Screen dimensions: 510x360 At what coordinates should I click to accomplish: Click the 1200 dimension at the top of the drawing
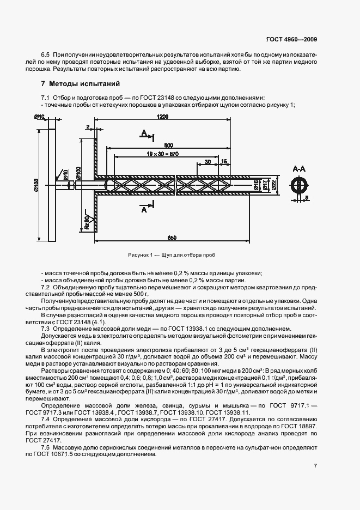162,117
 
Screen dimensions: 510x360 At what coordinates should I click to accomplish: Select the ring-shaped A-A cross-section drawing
300,185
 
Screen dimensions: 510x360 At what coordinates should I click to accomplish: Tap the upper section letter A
143,133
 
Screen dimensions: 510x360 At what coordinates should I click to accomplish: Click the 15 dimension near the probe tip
224,162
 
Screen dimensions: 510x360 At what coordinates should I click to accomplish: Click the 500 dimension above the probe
168,145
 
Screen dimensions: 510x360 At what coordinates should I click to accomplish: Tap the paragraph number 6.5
46,56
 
